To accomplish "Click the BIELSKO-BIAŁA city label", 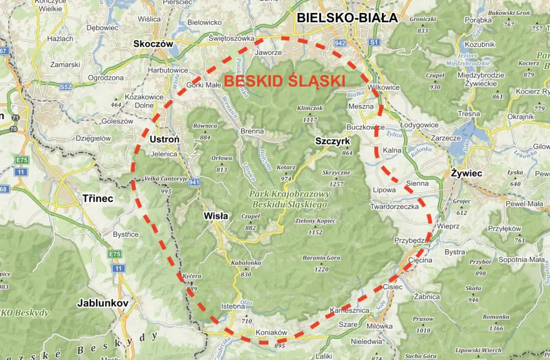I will (x=347, y=18).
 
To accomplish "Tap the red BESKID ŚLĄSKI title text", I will (x=284, y=82).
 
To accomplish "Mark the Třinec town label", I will (x=98, y=198).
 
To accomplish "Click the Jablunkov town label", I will (x=102, y=303).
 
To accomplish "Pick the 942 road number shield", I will (x=340, y=43).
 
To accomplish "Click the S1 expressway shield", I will (x=374, y=42).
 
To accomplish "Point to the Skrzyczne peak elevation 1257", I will (x=336, y=184).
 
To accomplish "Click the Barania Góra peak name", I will (x=321, y=258).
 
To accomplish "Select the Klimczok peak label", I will (x=310, y=108).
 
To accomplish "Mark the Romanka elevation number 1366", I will (x=496, y=328).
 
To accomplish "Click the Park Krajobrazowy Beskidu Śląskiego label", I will (x=289, y=199).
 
